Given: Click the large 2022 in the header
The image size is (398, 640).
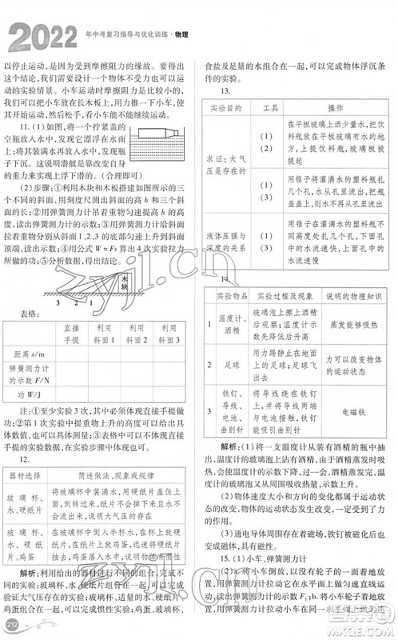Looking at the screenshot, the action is point(41,37).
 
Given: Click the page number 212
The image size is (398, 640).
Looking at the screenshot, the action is point(11,624).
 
